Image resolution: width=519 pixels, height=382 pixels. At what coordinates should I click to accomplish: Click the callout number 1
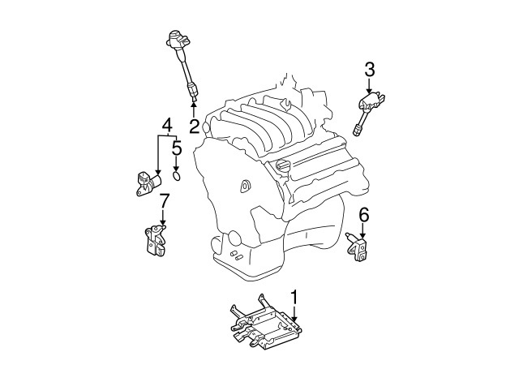click(x=295, y=298)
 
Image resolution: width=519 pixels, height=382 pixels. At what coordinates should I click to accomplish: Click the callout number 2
click(x=195, y=126)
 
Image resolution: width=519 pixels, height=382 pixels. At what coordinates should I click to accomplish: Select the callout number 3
click(x=369, y=70)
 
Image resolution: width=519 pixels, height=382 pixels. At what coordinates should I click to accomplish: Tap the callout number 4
click(x=166, y=125)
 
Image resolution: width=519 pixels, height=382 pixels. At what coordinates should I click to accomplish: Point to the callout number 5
click(x=177, y=148)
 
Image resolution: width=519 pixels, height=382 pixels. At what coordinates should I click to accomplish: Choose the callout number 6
click(x=364, y=214)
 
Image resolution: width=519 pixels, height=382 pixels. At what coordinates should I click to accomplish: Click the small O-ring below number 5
click(x=178, y=172)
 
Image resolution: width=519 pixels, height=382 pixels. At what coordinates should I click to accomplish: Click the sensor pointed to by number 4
click(x=146, y=183)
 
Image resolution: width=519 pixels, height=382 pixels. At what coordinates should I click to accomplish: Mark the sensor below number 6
click(x=358, y=248)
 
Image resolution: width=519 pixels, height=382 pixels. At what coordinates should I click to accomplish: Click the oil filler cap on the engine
click(x=283, y=166)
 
